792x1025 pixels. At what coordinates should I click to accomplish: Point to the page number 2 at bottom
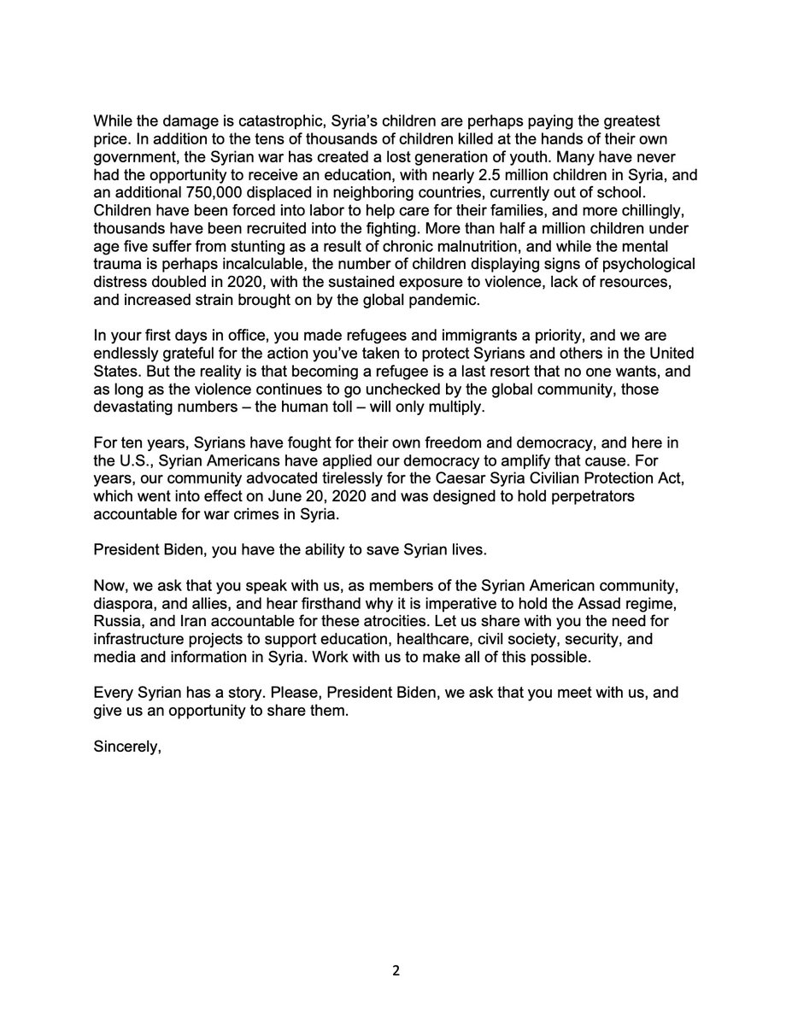coord(396,970)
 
